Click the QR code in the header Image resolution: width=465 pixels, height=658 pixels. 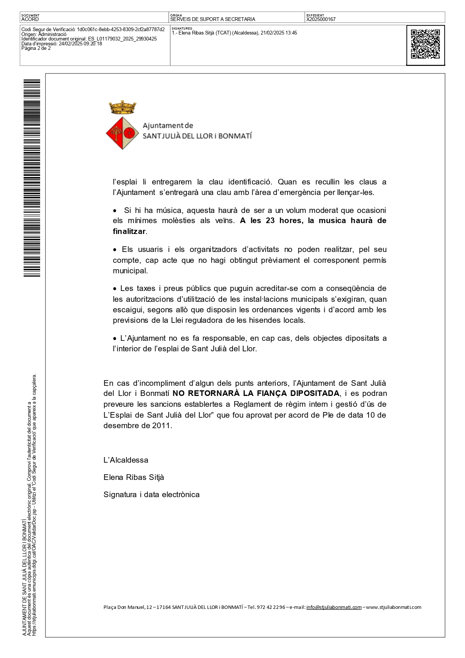pyautogui.click(x=425, y=44)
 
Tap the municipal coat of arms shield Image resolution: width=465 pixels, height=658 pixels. pyautogui.click(x=122, y=133)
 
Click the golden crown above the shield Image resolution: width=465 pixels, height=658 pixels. pyautogui.click(x=123, y=107)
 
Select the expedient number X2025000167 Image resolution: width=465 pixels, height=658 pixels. pyautogui.click(x=321, y=19)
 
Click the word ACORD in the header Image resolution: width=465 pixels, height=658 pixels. pyautogui.click(x=30, y=19)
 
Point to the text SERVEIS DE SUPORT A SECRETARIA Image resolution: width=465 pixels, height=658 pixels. pyautogui.click(x=213, y=19)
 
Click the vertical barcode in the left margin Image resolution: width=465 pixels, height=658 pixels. pyautogui.click(x=32, y=178)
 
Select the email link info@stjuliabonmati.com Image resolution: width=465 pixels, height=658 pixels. pyautogui.click(x=334, y=607)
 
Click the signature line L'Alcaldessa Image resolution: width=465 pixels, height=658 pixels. pyautogui.click(x=126, y=460)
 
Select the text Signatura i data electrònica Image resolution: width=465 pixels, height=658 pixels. pyautogui.click(x=151, y=495)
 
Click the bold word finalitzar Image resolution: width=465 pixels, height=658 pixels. pyautogui.click(x=129, y=231)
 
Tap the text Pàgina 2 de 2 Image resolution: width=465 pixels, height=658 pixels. pyautogui.click(x=36, y=48)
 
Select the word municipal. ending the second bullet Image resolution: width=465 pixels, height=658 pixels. pyautogui.click(x=130, y=271)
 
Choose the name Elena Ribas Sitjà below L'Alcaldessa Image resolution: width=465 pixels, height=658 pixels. pyautogui.click(x=134, y=477)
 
